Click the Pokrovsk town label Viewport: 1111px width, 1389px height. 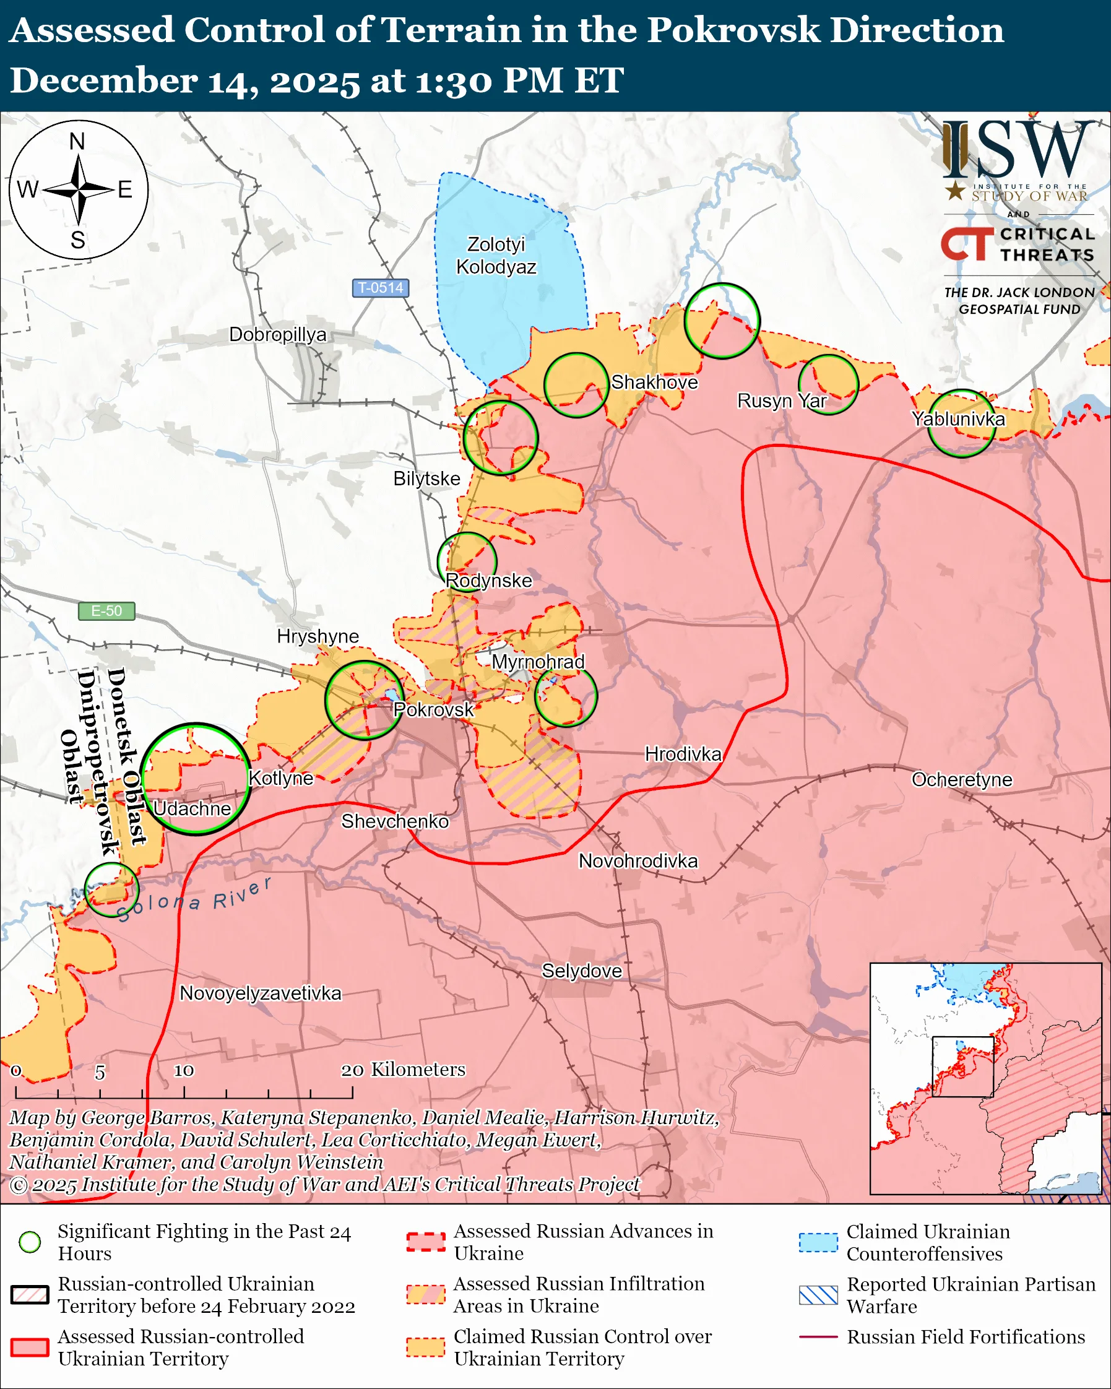pos(433,709)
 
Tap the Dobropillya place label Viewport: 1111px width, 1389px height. pos(277,334)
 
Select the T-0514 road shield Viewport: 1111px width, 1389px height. pos(381,287)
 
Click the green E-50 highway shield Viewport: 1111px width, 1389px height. pos(106,611)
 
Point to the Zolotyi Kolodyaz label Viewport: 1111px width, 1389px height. pos(496,255)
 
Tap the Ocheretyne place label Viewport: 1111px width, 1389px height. pos(962,779)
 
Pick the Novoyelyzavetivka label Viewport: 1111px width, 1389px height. pos(260,993)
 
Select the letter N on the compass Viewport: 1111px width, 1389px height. pos(77,141)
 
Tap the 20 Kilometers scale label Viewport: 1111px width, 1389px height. pos(403,1070)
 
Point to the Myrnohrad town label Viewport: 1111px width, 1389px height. pos(538,662)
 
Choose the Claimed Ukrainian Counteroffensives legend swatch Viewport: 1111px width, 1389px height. pos(818,1242)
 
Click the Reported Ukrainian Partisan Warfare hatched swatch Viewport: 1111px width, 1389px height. pos(818,1295)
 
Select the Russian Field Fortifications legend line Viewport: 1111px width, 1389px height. pos(818,1337)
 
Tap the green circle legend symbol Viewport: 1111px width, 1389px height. pos(30,1242)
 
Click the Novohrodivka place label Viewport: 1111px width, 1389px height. pos(638,861)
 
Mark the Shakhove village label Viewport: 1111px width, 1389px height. pos(654,382)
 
